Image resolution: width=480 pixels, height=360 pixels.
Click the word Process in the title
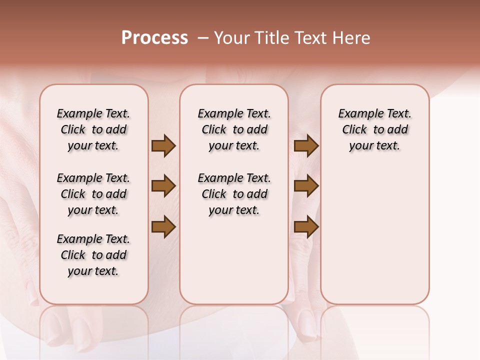[154, 37]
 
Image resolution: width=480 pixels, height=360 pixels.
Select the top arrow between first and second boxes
[163, 146]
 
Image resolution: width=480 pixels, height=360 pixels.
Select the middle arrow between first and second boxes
[163, 186]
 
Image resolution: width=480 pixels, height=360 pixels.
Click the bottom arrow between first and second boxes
[163, 227]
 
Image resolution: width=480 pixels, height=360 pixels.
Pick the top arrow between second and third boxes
[306, 146]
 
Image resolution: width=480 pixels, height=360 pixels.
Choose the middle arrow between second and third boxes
[306, 186]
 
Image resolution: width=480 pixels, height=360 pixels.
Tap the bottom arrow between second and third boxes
[306, 227]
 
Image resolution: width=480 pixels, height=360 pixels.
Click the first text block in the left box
[93, 129]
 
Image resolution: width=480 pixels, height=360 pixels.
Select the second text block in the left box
[93, 194]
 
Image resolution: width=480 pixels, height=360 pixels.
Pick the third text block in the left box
[93, 255]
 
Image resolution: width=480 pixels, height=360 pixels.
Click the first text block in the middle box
[234, 129]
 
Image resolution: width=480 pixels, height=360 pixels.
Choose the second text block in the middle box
[234, 194]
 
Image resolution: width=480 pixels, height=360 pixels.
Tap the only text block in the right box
[375, 129]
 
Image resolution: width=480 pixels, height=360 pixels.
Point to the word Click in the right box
[354, 130]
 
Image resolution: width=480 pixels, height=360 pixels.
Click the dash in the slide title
[202, 38]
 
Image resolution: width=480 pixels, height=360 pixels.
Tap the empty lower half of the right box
[375, 240]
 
